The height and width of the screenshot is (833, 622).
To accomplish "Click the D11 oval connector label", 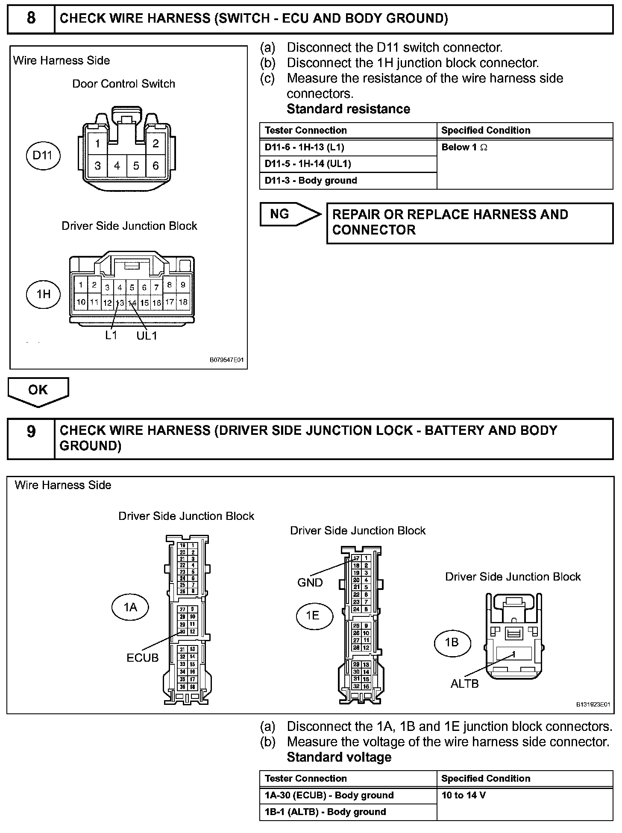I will (x=43, y=155).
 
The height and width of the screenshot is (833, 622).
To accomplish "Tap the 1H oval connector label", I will (x=44, y=294).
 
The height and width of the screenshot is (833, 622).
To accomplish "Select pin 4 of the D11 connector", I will (x=117, y=166).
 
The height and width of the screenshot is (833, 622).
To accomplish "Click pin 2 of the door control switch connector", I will (x=155, y=144).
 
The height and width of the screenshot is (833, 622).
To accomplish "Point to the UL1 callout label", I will (x=147, y=336).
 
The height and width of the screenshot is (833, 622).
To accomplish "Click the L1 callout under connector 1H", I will (x=111, y=335).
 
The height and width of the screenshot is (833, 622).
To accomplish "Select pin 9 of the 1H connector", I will (x=183, y=285).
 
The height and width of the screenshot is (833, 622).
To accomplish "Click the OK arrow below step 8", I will (x=38, y=390).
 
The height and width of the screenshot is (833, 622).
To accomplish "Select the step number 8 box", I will (x=31, y=18).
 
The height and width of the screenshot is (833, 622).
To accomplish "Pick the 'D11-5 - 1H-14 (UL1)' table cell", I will (x=348, y=164).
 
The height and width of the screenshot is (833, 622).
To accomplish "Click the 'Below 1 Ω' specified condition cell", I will (x=525, y=164).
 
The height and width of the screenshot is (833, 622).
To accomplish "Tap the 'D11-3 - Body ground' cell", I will (x=348, y=181).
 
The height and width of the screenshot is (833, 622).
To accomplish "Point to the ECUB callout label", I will (x=143, y=658).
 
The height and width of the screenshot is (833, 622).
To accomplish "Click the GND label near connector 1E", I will (x=310, y=583).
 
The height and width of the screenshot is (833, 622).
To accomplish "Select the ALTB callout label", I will (x=465, y=684).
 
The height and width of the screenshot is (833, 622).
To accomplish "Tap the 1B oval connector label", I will (x=452, y=642).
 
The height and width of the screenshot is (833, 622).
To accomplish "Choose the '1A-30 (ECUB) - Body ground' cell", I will (x=348, y=795).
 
